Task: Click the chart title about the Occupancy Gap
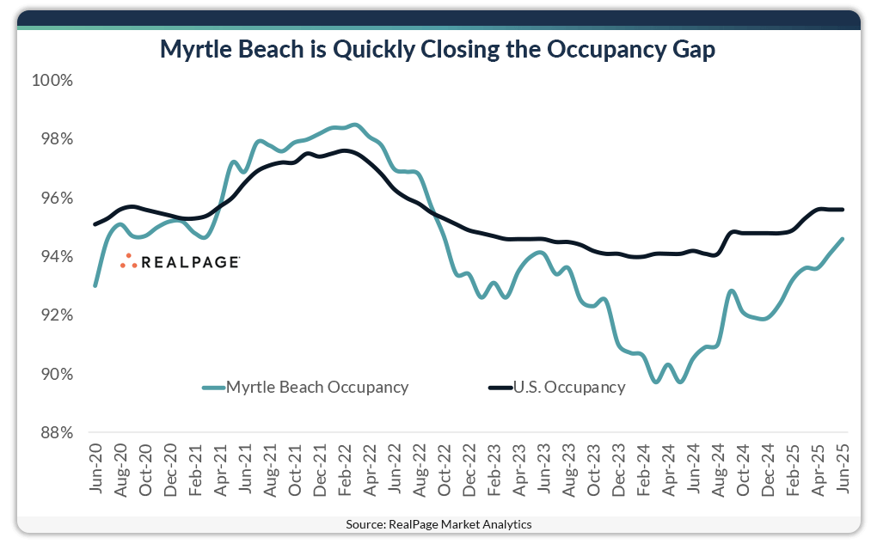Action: (x=438, y=51)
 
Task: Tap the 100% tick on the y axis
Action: (x=52, y=81)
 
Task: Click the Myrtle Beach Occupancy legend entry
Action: (x=316, y=387)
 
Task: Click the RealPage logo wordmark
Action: (x=190, y=261)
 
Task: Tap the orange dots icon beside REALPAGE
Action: (x=128, y=261)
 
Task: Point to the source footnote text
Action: (x=438, y=524)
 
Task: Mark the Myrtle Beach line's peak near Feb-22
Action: (x=355, y=125)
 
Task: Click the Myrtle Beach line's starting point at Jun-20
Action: (x=95, y=285)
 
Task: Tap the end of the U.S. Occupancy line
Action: (x=843, y=209)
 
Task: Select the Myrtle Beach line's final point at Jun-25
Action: (x=843, y=239)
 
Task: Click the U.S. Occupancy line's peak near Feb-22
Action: (x=344, y=150)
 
